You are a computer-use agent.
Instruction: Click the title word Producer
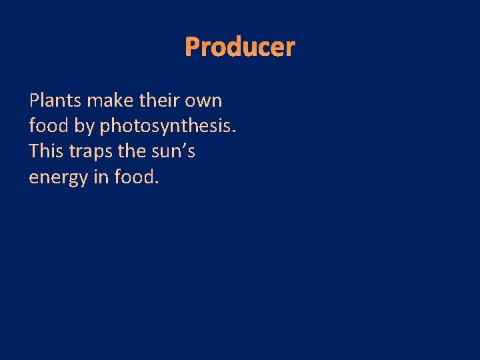point(239,47)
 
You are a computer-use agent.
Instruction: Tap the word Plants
point(55,101)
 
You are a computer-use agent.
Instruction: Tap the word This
point(47,152)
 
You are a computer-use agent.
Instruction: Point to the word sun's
point(177,152)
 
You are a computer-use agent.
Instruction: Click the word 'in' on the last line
point(103,177)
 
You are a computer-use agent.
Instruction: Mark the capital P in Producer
point(192,47)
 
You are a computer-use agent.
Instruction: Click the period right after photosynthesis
point(234,132)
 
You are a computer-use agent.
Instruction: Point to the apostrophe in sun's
point(183,147)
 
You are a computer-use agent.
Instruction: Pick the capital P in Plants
point(35,101)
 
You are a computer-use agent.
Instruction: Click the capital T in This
point(35,152)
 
